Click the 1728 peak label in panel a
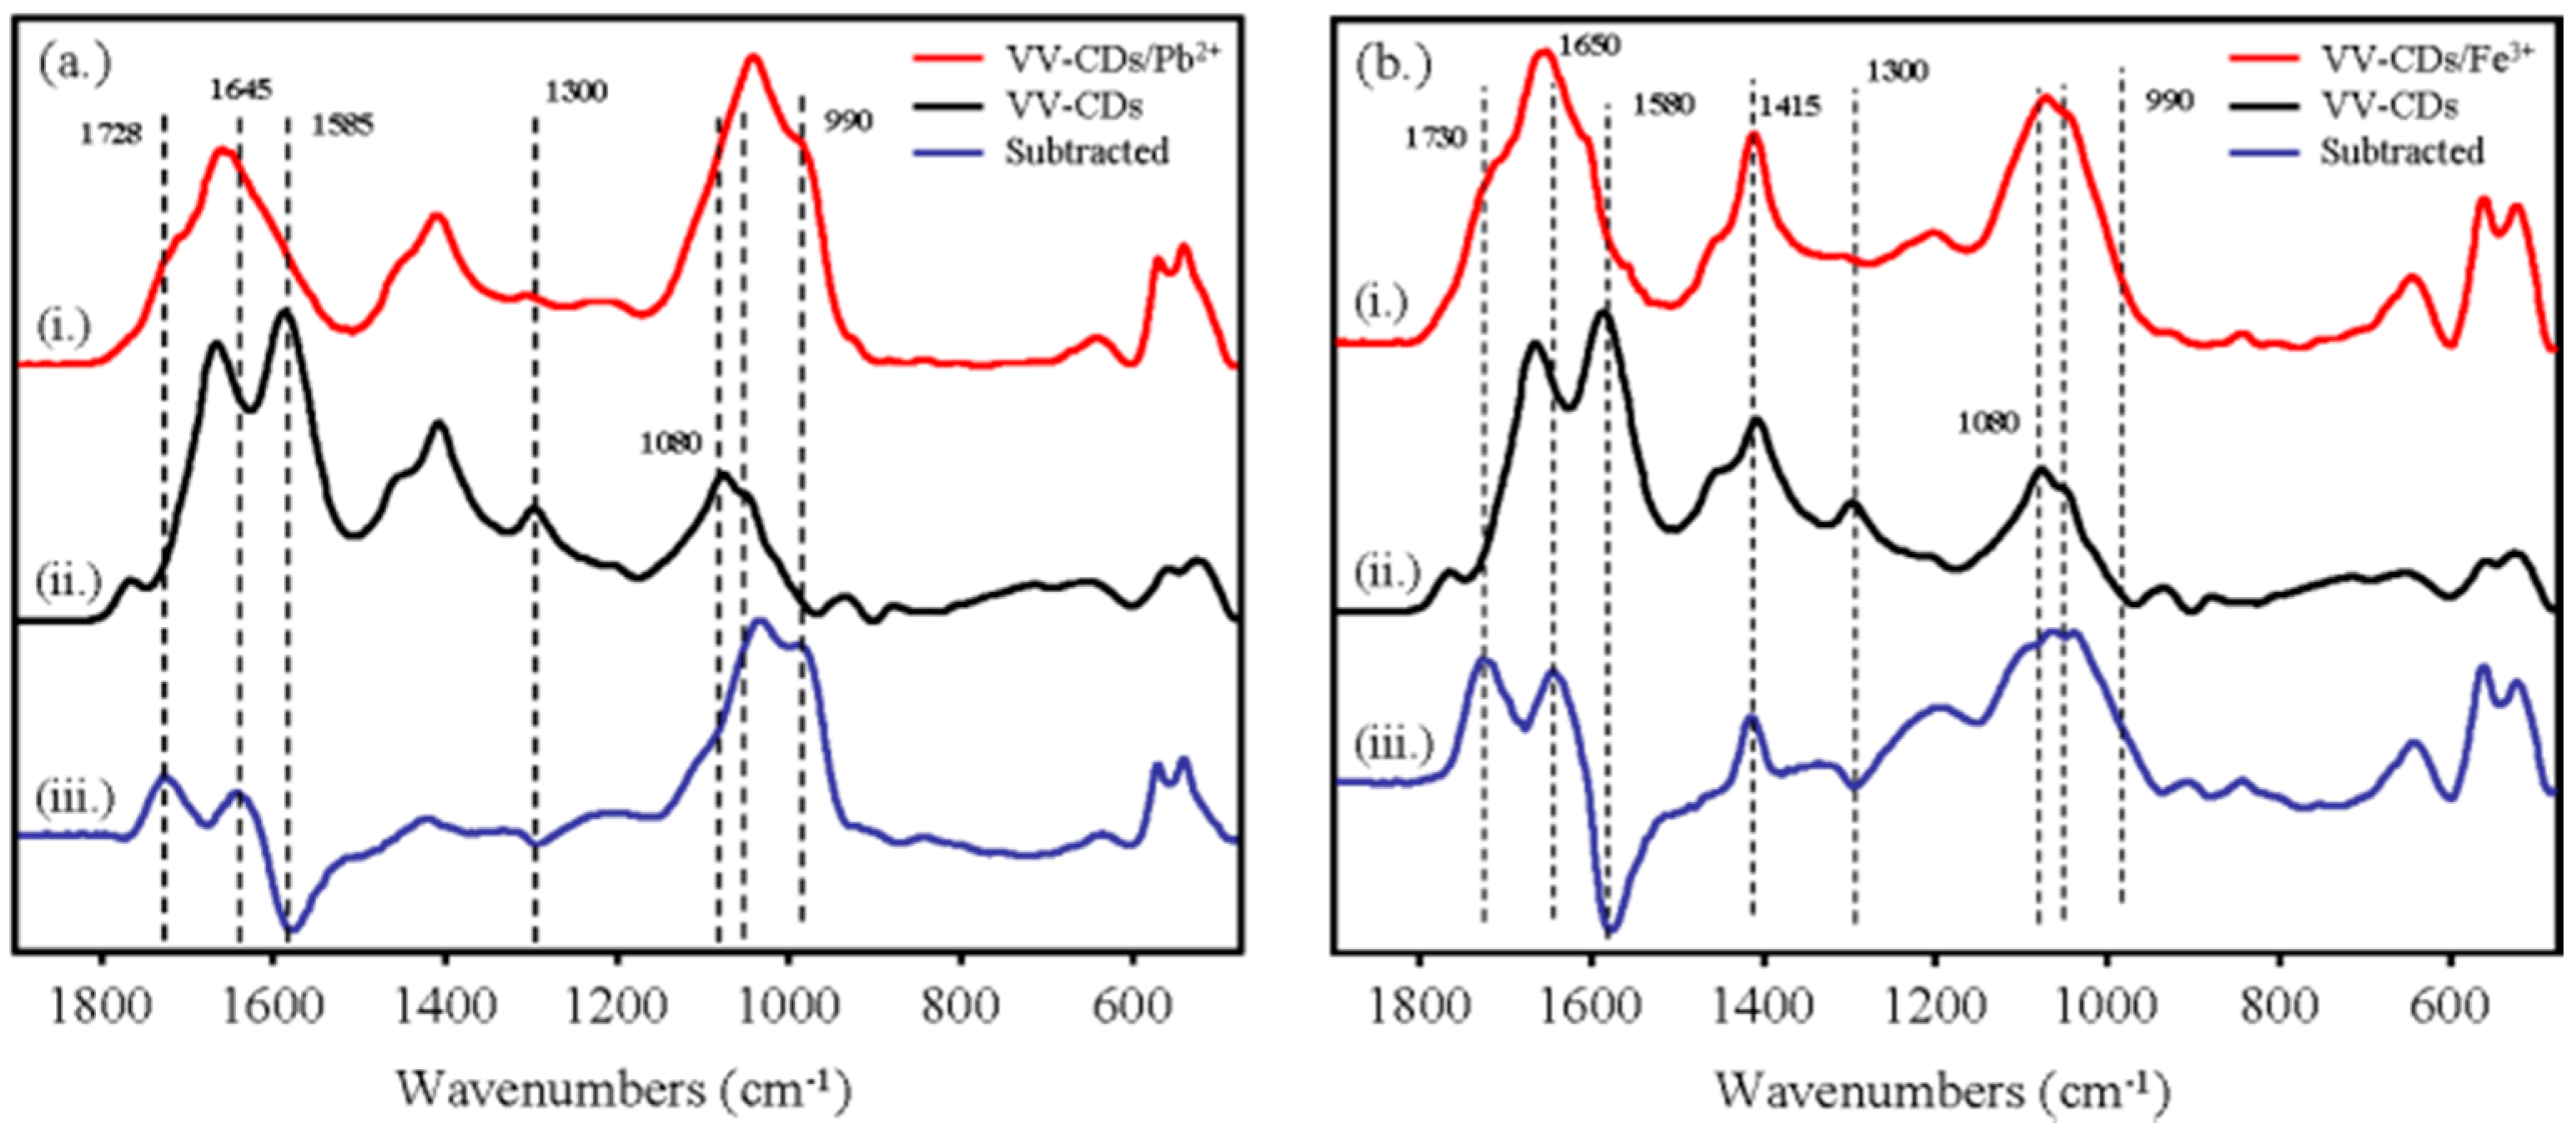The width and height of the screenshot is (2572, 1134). click(111, 133)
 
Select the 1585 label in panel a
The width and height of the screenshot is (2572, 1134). click(343, 126)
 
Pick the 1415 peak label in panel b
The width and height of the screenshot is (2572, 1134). click(1791, 106)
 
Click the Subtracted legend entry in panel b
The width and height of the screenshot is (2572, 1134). click(2401, 152)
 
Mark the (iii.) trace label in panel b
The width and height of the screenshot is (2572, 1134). click(1394, 745)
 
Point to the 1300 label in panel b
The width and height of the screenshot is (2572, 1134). click(1897, 71)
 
